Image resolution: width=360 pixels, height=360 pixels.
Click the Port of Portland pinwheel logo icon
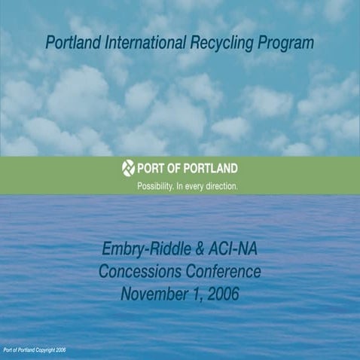[128, 168]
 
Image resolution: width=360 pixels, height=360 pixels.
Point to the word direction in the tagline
[223, 184]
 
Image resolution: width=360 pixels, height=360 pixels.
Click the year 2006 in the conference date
[222, 294]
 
